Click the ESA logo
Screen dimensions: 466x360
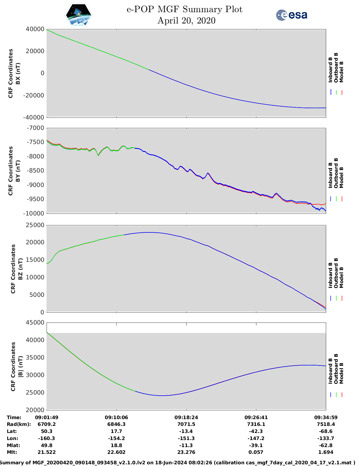click(x=291, y=15)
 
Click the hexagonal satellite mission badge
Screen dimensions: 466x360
click(x=78, y=15)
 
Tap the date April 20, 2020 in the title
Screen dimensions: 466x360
click(x=186, y=21)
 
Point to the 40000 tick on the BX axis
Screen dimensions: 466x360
click(x=35, y=29)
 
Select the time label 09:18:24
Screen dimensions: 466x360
click(x=186, y=417)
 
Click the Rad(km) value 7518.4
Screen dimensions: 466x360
click(x=326, y=424)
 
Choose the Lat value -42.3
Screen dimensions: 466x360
click(x=256, y=431)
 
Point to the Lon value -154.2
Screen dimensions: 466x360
click(x=116, y=438)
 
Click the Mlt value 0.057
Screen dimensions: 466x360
click(x=256, y=452)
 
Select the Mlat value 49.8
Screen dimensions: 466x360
click(x=47, y=445)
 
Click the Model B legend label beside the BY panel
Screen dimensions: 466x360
click(x=341, y=178)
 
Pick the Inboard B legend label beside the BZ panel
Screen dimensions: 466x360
click(x=331, y=275)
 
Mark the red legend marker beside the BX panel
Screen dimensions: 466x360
click(x=342, y=92)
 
